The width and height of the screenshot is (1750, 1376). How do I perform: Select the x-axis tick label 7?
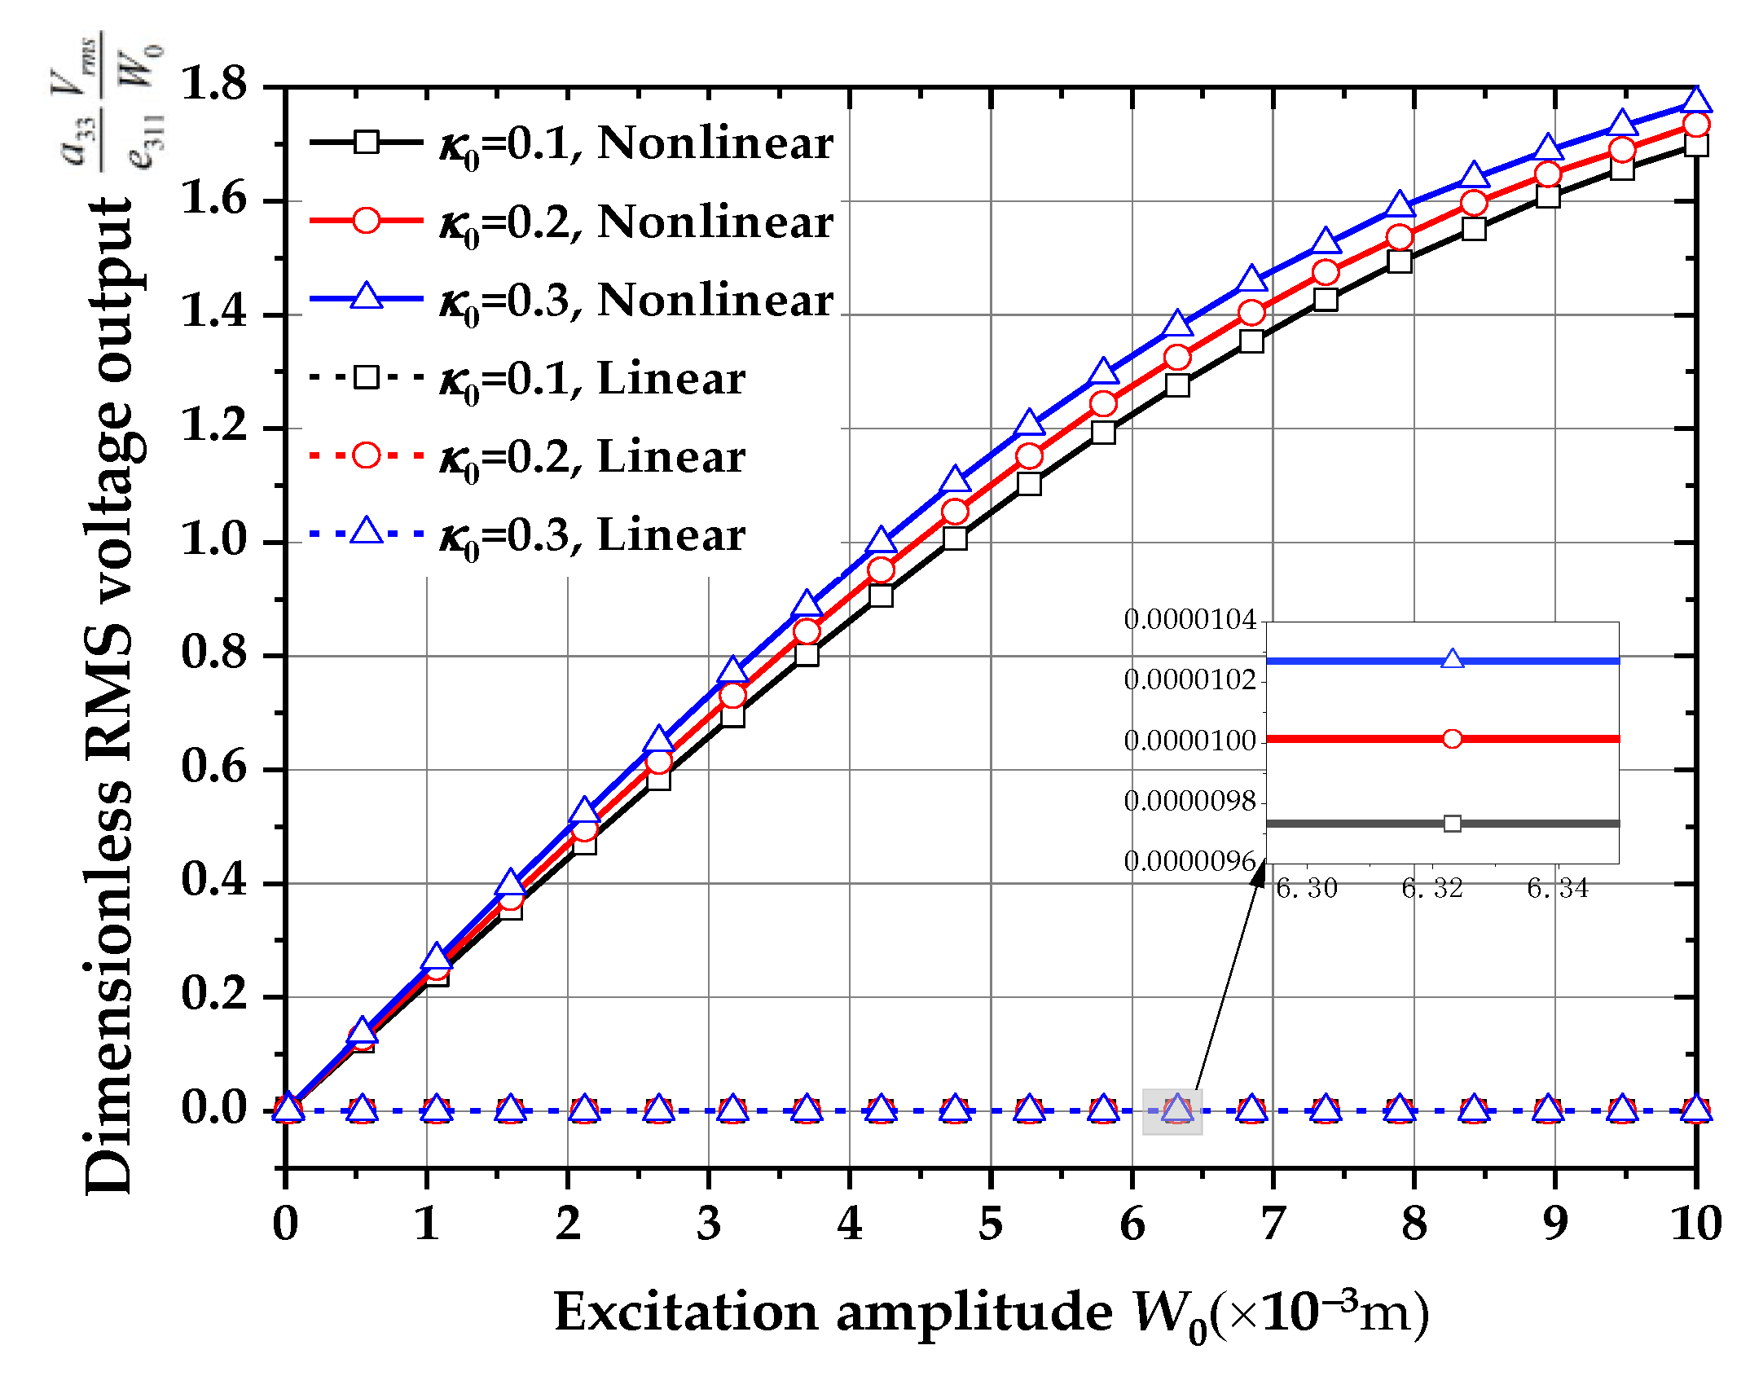pos(1272,1223)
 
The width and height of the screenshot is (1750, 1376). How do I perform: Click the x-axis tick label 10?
pos(1696,1223)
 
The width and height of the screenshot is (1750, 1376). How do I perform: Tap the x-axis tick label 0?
pos(285,1223)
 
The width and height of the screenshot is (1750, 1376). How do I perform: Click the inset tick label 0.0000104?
pos(1189,620)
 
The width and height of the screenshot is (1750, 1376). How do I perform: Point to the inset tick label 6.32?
pos(1432,888)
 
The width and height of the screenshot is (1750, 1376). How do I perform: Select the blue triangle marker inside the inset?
pos(1452,659)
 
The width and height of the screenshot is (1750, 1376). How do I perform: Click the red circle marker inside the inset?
pos(1452,739)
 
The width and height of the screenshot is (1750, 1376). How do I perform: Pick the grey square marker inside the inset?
pos(1452,824)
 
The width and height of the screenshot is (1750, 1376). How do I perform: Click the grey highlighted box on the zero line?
pos(1172,1111)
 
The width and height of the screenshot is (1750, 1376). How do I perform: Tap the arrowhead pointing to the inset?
pos(1260,874)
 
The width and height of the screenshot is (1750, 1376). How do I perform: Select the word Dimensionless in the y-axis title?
pos(108,986)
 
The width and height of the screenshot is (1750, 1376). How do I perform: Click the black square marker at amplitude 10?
pos(1696,146)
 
